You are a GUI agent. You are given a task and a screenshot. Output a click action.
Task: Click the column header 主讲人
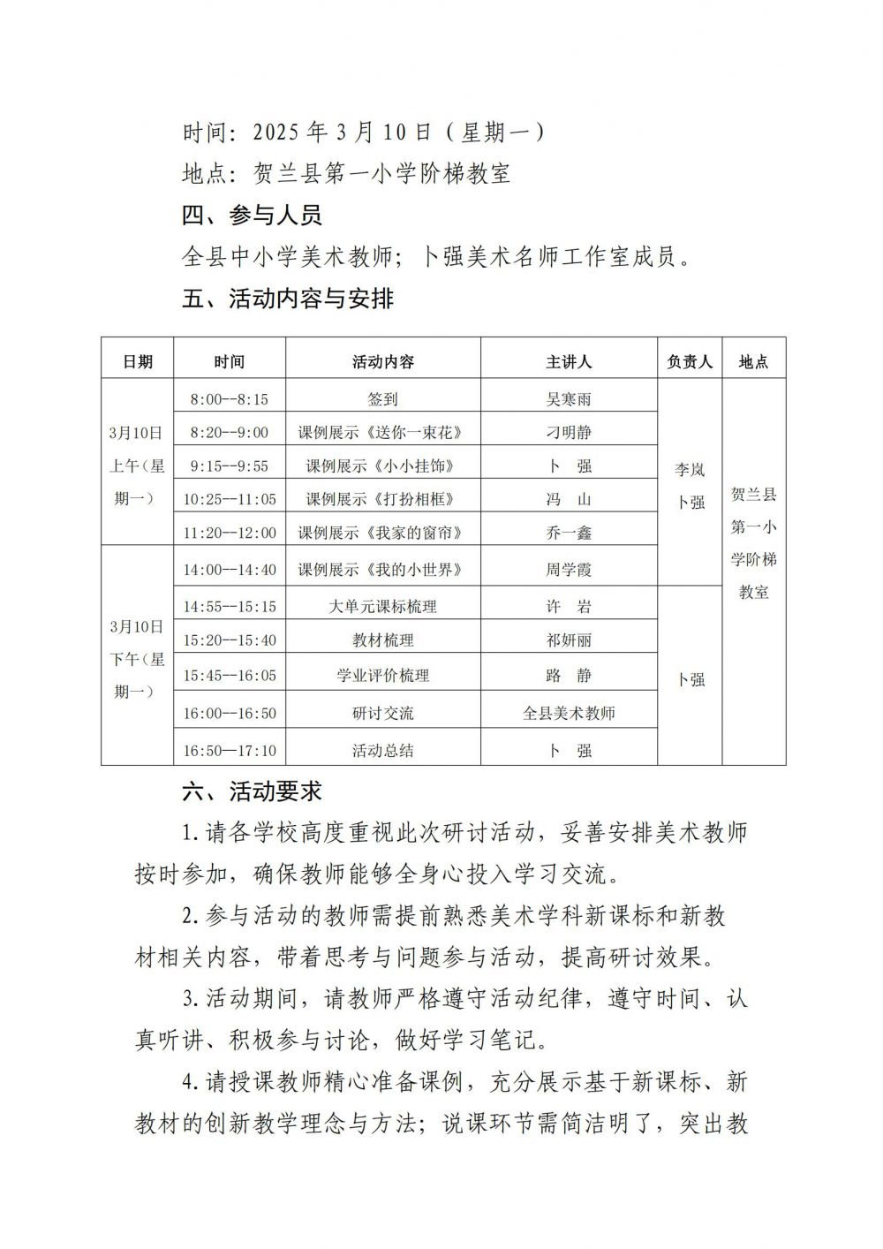(569, 362)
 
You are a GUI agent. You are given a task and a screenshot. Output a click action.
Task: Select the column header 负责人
(691, 362)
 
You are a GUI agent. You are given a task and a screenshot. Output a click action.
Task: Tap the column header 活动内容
(382, 362)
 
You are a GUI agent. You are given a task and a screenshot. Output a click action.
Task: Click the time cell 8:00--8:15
(230, 399)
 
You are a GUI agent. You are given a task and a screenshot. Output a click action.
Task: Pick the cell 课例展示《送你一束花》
(382, 433)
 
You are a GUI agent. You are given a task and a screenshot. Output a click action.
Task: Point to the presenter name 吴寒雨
(569, 399)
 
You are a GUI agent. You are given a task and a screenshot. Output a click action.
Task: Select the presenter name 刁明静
(569, 433)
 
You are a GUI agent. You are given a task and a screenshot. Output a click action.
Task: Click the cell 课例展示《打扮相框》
(382, 499)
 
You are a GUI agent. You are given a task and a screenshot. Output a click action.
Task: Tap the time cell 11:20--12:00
(230, 533)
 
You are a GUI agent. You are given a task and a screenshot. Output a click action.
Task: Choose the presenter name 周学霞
(569, 570)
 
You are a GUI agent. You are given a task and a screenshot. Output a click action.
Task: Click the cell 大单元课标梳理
(382, 607)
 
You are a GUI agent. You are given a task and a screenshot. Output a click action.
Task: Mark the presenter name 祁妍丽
(569, 640)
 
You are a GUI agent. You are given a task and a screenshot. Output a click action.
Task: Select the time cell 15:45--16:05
(230, 676)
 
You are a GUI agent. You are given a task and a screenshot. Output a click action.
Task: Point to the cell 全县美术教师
(569, 713)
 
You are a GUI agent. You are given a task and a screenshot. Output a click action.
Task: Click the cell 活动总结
(382, 751)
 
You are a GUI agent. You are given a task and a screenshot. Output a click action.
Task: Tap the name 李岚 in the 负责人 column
(691, 470)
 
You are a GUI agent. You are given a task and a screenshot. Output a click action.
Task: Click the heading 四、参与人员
(252, 216)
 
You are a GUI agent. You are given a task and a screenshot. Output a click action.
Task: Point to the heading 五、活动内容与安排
(288, 299)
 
